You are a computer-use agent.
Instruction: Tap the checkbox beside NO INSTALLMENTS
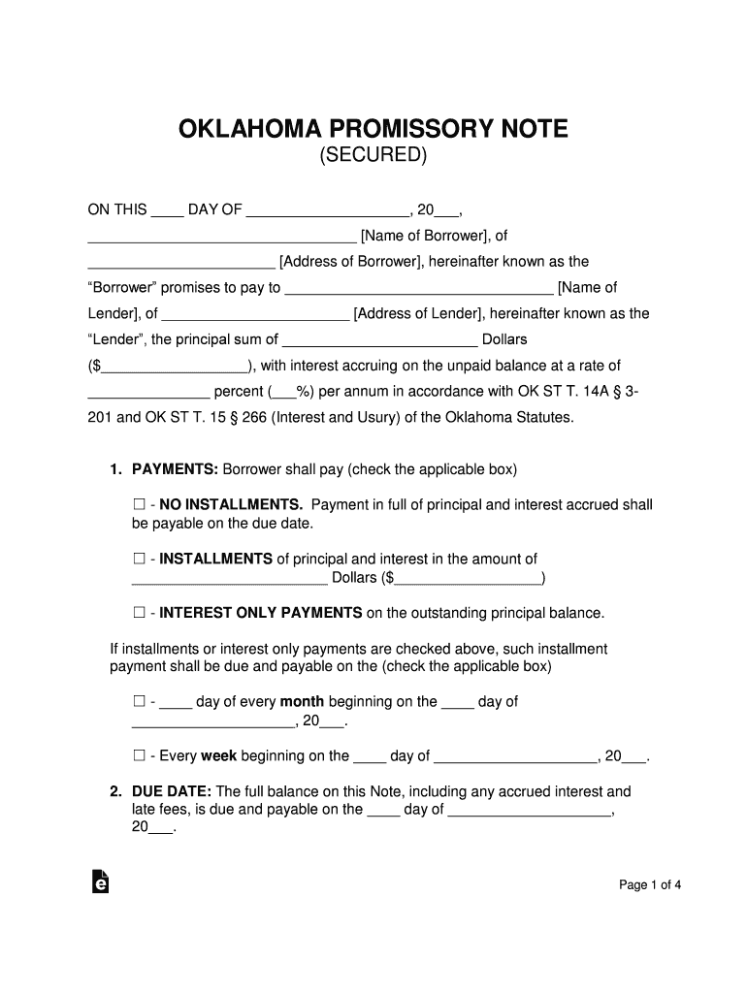[x=138, y=504]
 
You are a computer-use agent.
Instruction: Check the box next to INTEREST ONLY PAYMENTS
[x=138, y=613]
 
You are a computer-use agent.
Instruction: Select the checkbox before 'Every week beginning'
[x=138, y=755]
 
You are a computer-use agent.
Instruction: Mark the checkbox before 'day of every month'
[x=138, y=701]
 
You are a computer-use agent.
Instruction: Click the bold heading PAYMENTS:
[x=175, y=469]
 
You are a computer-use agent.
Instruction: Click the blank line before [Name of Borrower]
[x=222, y=237]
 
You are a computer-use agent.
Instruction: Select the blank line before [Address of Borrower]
[x=181, y=263]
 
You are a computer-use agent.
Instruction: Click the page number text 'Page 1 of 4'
[x=651, y=884]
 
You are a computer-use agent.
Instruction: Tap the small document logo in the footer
[x=99, y=881]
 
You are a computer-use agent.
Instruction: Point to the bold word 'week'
[x=218, y=755]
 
